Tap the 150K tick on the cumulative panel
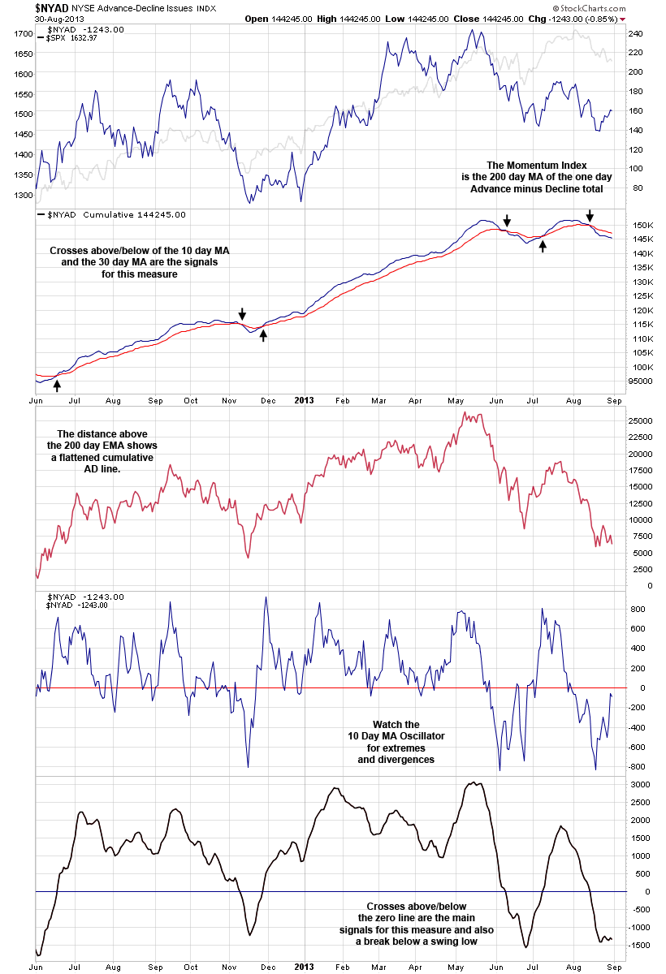click(641, 225)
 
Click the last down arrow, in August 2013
click(590, 213)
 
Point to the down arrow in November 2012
click(241, 313)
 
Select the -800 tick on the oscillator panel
click(637, 766)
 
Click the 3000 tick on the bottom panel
click(639, 785)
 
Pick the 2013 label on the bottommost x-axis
click(303, 968)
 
